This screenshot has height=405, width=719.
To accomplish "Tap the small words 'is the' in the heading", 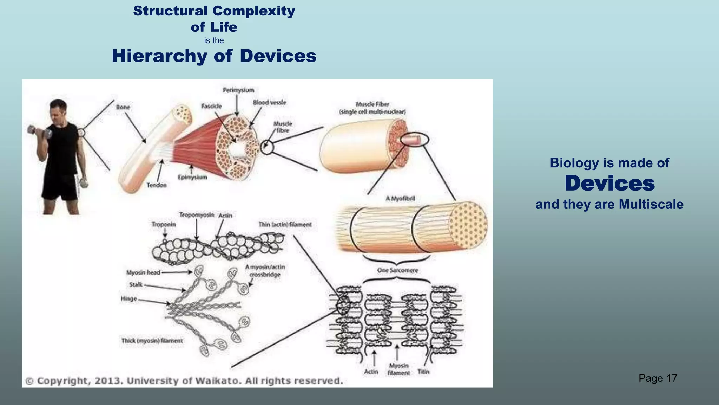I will pyautogui.click(x=214, y=41).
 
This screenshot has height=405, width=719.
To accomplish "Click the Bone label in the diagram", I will pyautogui.click(x=123, y=107).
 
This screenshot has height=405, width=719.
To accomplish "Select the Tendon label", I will pyautogui.click(x=157, y=185).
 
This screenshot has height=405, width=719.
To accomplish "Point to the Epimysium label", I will pyautogui.click(x=192, y=177).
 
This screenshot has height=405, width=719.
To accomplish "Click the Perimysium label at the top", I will pyautogui.click(x=238, y=90).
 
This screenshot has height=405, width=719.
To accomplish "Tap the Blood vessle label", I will pyautogui.click(x=269, y=103).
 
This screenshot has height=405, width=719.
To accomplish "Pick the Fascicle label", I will pyautogui.click(x=211, y=106).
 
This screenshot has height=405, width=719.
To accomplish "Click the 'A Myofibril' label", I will pyautogui.click(x=400, y=199).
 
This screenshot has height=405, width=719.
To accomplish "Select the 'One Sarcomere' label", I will pyautogui.click(x=397, y=270).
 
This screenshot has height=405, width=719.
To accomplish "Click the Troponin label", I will pyautogui.click(x=164, y=224).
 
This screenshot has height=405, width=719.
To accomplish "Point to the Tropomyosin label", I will pyautogui.click(x=197, y=215).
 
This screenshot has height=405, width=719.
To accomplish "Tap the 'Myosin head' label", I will pyautogui.click(x=143, y=272).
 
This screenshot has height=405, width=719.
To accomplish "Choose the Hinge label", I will pyautogui.click(x=128, y=299).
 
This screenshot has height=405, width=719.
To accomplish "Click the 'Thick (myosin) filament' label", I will pyautogui.click(x=152, y=341).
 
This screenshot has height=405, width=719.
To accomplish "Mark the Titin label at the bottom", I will pyautogui.click(x=423, y=372).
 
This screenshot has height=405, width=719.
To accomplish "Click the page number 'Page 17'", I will pyautogui.click(x=658, y=378).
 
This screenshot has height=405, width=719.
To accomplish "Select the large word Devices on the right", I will pyautogui.click(x=609, y=184).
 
